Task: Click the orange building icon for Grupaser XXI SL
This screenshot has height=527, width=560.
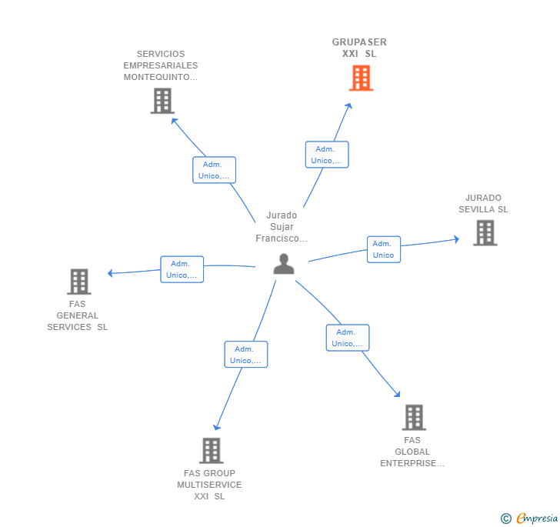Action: coord(361,78)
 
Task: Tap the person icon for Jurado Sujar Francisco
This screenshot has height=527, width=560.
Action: coord(284,264)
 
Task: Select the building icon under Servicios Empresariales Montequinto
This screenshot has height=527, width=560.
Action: coord(162,101)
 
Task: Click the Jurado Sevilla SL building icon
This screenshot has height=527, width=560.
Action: coord(485,233)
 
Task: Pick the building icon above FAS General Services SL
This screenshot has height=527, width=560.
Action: coord(79,282)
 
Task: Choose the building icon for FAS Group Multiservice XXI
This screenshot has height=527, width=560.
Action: coord(212,451)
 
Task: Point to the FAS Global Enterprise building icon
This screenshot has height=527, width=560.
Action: coord(414,417)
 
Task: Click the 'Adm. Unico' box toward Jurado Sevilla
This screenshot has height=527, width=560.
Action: coord(384,249)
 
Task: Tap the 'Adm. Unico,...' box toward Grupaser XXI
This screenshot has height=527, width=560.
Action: coord(327,155)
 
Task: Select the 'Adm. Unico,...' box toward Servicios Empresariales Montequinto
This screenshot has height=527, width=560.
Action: coord(214,170)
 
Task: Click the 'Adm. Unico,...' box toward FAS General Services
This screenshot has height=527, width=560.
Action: coord(182,269)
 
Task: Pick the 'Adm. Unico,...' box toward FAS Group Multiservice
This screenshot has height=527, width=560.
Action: coord(245,355)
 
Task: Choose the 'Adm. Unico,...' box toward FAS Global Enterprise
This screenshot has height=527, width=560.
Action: coord(348,338)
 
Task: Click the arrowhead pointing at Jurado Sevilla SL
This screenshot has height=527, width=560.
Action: coord(456,239)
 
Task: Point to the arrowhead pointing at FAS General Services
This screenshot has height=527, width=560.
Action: coord(110,273)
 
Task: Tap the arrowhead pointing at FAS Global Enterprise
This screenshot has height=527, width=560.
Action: coord(397,394)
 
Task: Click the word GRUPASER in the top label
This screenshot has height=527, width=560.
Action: coord(359,42)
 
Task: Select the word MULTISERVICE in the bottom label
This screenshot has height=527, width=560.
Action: coord(209,485)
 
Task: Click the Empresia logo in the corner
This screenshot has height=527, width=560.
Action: coord(529,519)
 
